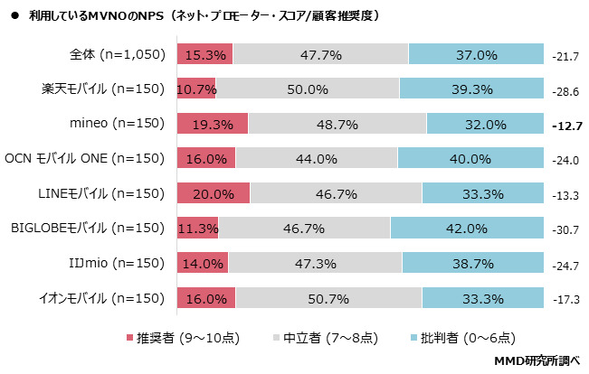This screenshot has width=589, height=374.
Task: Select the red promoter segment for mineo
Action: pos(213,124)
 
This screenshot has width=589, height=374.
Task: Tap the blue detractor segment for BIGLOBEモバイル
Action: pos(467,228)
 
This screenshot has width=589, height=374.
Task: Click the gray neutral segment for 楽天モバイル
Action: pos(308,89)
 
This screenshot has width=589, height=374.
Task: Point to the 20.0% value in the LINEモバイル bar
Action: pos(214,193)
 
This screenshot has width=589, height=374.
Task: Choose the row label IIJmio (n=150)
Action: pos(114,263)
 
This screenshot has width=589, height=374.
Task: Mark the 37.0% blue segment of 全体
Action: pos(476,55)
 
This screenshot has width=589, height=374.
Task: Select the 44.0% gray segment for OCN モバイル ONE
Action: pos(317,159)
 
